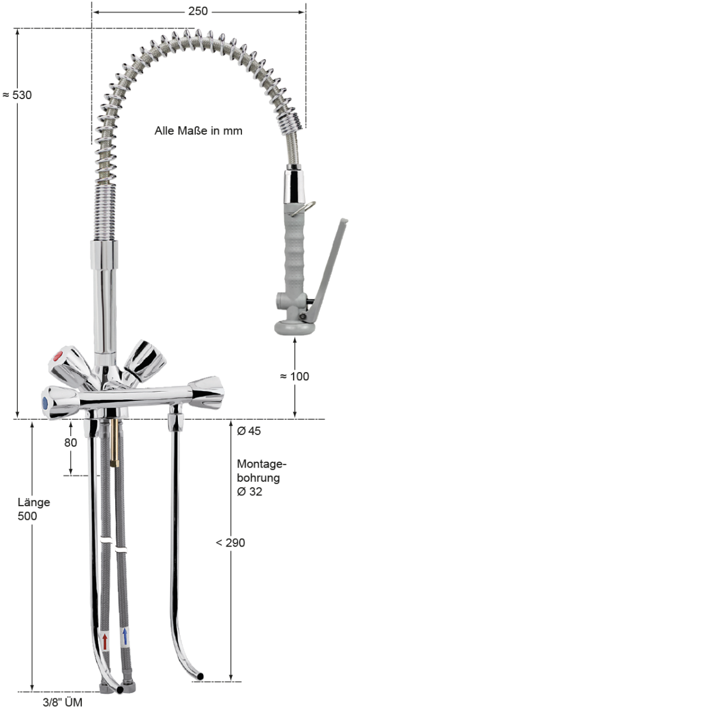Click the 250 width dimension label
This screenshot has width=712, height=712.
click(x=198, y=11)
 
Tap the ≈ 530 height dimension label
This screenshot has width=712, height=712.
click(x=17, y=95)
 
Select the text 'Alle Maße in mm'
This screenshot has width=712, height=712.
click(x=198, y=131)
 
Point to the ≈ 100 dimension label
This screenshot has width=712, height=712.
click(x=295, y=376)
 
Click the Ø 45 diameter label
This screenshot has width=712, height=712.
click(x=249, y=431)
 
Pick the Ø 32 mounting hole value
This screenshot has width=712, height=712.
click(x=249, y=491)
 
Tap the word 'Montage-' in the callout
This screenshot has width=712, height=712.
click(x=261, y=464)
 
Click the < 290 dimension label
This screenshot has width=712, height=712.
click(x=230, y=542)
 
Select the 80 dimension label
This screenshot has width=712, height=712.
click(x=71, y=443)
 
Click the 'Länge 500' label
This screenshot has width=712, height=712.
click(x=33, y=509)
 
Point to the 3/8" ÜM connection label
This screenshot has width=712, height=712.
click(x=62, y=703)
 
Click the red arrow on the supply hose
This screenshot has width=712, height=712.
click(x=105, y=641)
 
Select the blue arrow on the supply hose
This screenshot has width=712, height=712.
click(x=125, y=637)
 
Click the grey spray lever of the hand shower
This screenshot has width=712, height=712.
click(x=330, y=267)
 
